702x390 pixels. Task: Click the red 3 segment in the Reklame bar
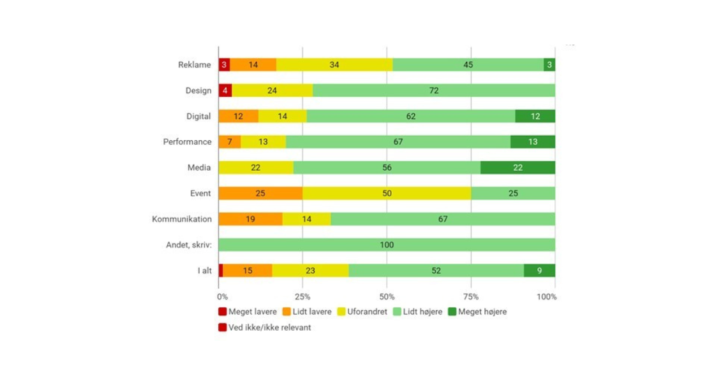click(x=224, y=65)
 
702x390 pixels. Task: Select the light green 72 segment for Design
click(x=433, y=90)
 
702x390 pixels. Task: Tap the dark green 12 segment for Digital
click(x=535, y=116)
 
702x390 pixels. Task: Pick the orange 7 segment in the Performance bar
click(x=230, y=142)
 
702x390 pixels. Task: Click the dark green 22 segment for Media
click(x=518, y=168)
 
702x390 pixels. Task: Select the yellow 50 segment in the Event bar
click(x=387, y=193)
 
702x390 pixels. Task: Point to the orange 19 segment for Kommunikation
click(x=250, y=219)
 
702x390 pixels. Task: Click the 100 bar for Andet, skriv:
click(x=387, y=245)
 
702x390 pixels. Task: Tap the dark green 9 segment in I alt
click(x=539, y=270)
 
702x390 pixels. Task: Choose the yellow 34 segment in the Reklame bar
click(x=334, y=65)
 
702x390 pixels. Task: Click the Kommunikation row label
click(x=181, y=219)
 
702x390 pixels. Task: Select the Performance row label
click(x=187, y=142)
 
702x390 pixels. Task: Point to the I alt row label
click(x=204, y=270)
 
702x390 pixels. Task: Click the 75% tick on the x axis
click(x=471, y=297)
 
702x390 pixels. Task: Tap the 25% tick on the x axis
click(x=302, y=297)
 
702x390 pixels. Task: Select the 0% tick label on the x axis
click(x=222, y=297)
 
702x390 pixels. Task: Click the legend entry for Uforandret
click(x=362, y=312)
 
